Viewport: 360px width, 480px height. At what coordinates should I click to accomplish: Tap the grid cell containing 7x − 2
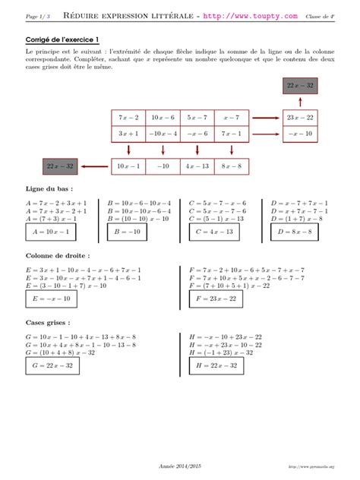coord(128,118)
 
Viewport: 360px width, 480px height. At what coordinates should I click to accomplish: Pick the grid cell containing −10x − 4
coord(162,134)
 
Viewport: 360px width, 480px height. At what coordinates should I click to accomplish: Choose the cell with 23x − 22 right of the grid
coord(299,118)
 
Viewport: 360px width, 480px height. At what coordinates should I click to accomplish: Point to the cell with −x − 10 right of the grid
coord(299,134)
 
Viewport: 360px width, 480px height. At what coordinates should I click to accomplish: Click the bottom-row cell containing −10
coord(162,166)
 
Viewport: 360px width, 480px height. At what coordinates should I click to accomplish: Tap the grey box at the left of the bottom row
coord(59,166)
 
